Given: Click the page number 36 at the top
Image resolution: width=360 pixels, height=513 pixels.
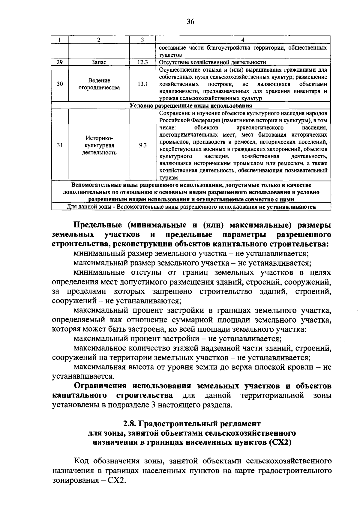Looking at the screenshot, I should (x=190, y=22).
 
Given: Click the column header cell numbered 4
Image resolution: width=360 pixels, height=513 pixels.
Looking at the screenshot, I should (x=243, y=40).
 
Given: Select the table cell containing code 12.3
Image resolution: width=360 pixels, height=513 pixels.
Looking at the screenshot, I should (x=142, y=62).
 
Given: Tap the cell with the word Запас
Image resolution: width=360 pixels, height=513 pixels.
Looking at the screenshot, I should (x=99, y=62).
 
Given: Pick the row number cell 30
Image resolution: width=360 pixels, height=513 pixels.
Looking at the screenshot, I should (x=60, y=84).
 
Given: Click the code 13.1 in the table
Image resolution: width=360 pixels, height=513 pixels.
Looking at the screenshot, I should (x=142, y=84).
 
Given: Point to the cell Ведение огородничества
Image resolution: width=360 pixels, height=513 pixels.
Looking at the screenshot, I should (x=99, y=84).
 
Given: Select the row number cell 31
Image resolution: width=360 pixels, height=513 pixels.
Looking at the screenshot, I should (x=60, y=145).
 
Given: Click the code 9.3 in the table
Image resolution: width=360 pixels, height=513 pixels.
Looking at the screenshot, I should (x=142, y=145).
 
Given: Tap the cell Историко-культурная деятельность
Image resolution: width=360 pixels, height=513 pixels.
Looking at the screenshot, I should (x=99, y=145).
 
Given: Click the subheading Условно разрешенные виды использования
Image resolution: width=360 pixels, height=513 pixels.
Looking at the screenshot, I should (x=191, y=106).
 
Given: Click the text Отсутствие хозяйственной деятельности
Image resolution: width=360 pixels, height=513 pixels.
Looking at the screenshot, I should (x=212, y=62).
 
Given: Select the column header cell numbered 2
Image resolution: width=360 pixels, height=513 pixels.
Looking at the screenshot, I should (x=99, y=40).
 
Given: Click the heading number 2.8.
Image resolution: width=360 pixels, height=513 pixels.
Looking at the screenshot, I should (x=130, y=424).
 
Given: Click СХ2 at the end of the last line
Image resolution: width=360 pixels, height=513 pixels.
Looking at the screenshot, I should (x=117, y=480).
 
